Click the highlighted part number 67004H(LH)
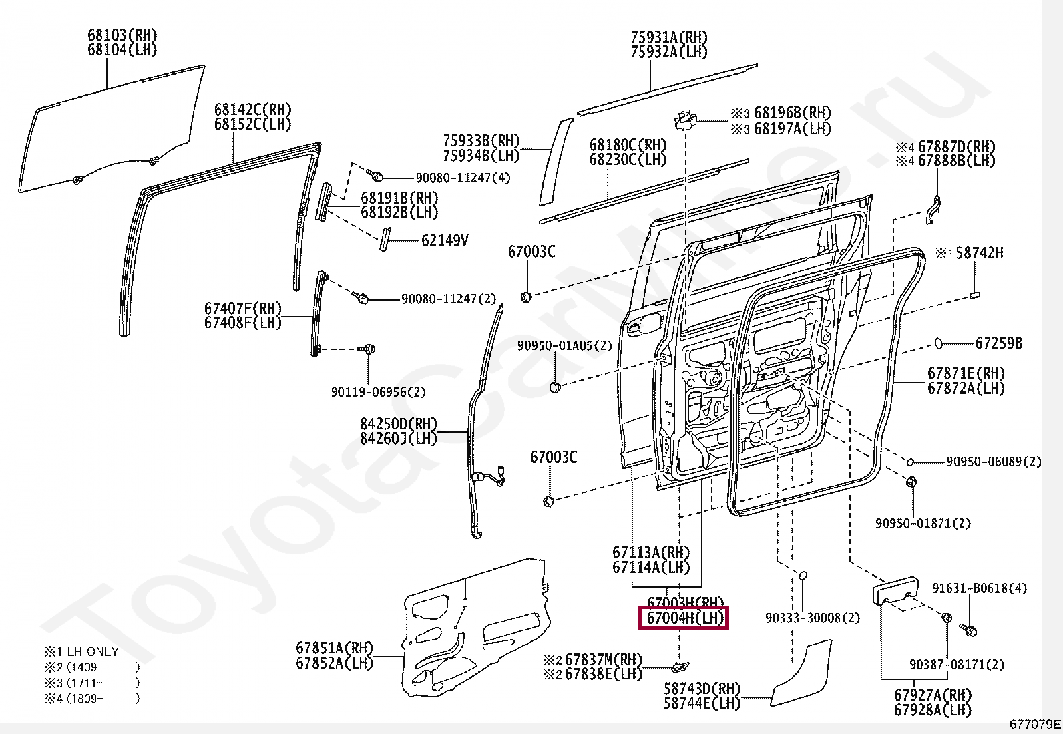click(684, 618)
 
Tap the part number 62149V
click(444, 240)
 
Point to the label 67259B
click(998, 343)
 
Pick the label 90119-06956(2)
click(378, 392)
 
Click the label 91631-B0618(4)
click(980, 588)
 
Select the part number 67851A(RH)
click(335, 647)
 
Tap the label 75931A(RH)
click(669, 37)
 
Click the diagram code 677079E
click(1034, 724)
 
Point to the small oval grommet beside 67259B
click(938, 343)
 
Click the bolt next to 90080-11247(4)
click(376, 176)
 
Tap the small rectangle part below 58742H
click(975, 293)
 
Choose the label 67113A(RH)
click(650, 553)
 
